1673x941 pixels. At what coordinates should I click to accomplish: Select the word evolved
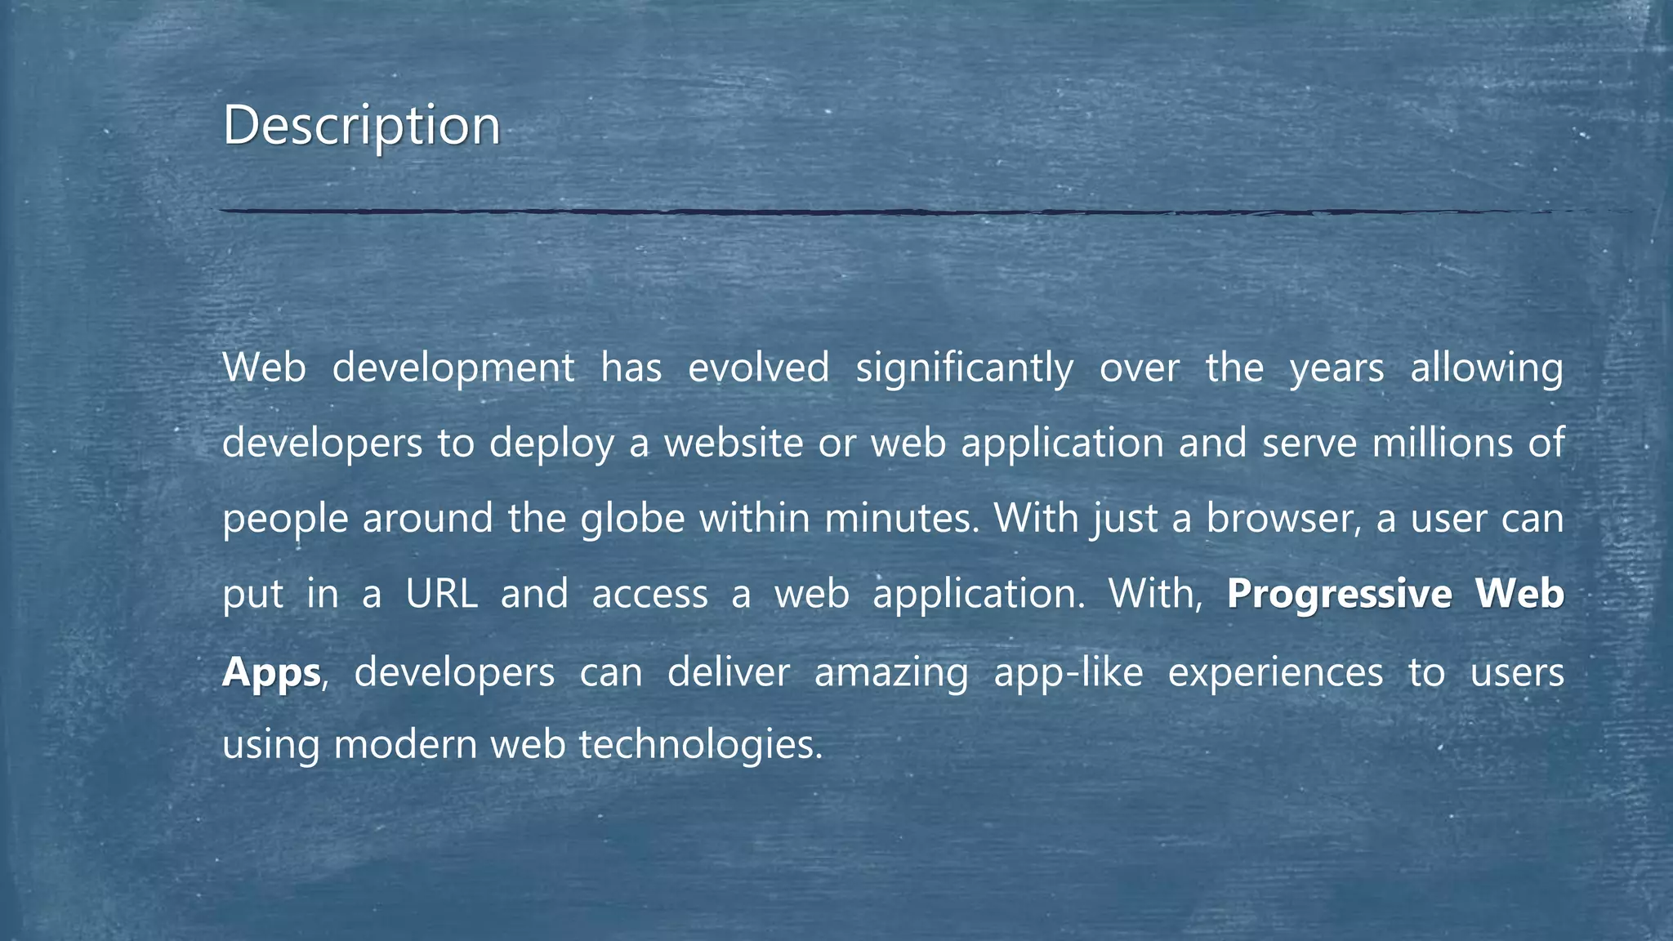(758, 368)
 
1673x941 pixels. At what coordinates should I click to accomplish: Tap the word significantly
(964, 368)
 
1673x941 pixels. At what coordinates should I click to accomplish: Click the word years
(1336, 368)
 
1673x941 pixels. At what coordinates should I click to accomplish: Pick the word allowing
(1487, 368)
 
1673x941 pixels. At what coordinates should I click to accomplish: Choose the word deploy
(551, 444)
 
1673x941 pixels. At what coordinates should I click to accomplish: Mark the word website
(734, 444)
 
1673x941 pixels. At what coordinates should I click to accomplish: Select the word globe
(632, 519)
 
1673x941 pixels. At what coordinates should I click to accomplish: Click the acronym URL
(441, 594)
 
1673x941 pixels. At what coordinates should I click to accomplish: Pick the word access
(649, 594)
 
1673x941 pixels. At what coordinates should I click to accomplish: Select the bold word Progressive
(1339, 594)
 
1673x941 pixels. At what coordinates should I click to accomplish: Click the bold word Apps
(271, 672)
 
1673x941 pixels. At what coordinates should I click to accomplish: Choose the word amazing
(891, 672)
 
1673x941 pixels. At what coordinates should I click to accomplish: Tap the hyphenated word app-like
(1068, 672)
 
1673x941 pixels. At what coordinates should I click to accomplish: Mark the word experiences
(1275, 672)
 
